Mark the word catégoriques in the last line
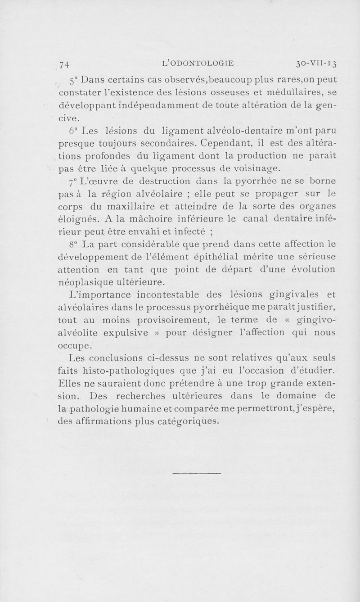(182, 421)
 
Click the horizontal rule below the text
(197, 473)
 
